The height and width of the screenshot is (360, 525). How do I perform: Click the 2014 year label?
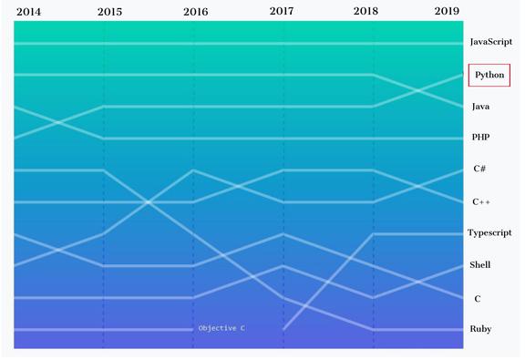[x=29, y=12]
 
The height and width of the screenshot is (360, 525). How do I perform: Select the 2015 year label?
[x=109, y=12]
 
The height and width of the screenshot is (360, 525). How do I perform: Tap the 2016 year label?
[x=196, y=12]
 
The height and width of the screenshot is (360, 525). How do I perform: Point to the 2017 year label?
[x=282, y=11]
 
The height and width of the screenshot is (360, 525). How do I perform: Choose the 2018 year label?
[x=365, y=11]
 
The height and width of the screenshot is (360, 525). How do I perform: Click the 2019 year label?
[x=447, y=11]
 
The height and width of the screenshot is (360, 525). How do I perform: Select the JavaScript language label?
[x=491, y=42]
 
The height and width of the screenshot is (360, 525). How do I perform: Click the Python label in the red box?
[x=489, y=75]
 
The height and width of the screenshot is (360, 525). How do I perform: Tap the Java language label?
[x=481, y=107]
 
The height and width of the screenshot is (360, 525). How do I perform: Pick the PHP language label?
[x=481, y=137]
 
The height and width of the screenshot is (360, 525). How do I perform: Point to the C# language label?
[x=479, y=169]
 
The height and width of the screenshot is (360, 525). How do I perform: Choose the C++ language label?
[x=481, y=201]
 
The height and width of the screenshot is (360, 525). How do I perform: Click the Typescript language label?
[x=489, y=232]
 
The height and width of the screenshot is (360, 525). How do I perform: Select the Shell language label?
[x=479, y=265]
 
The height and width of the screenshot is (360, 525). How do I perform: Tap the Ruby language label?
[x=480, y=329]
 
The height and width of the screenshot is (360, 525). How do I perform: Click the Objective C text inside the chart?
[x=221, y=328]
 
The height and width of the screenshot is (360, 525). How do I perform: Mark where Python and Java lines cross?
[x=418, y=90]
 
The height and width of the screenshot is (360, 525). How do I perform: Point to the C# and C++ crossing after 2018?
[x=418, y=186]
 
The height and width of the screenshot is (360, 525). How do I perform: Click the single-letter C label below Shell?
[x=478, y=299]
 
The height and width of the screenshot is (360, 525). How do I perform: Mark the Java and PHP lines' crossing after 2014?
[x=58, y=122]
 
